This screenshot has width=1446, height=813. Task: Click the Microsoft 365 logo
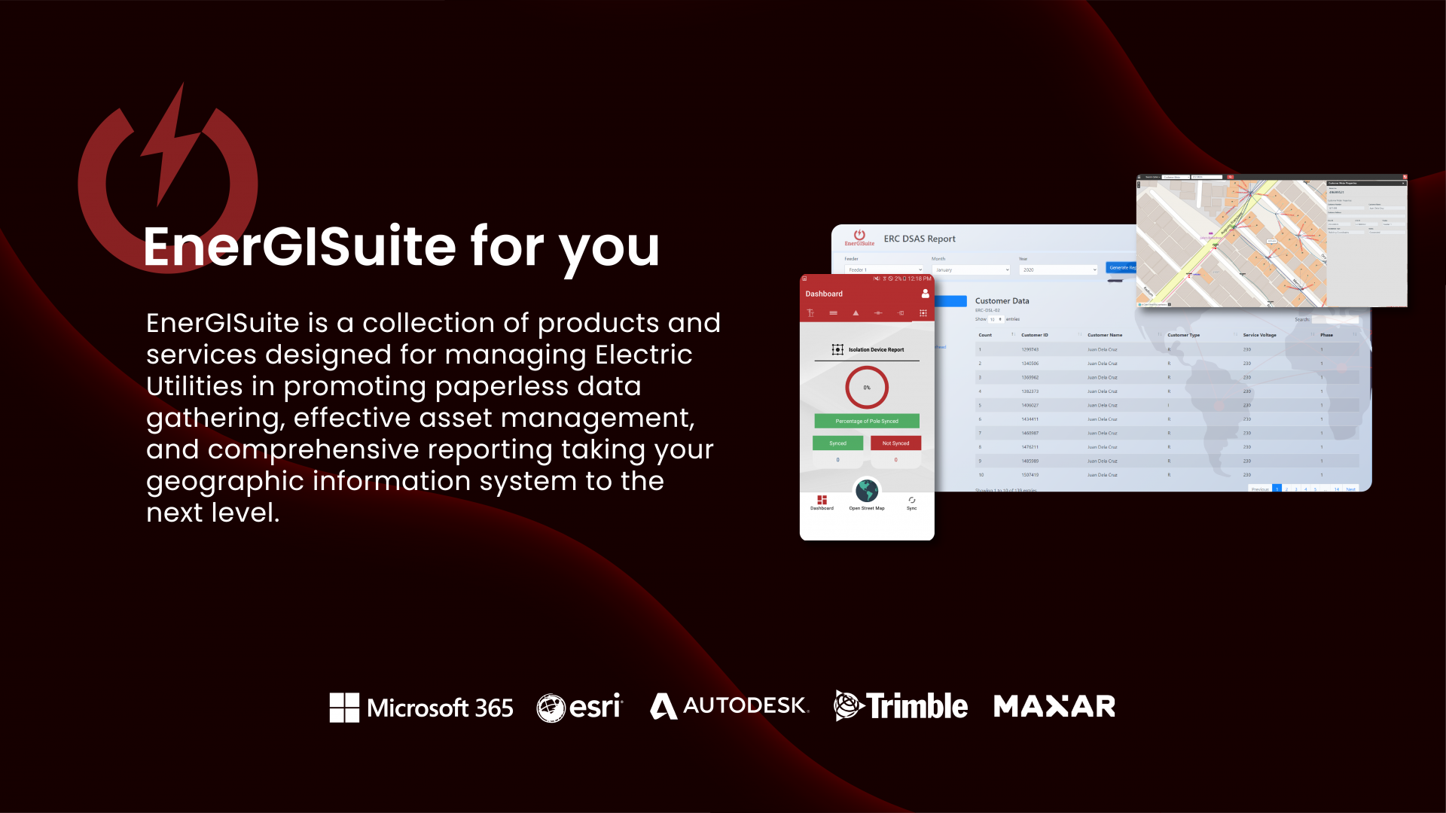(421, 708)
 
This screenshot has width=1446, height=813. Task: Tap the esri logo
(580, 708)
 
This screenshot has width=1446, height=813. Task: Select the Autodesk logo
(729, 706)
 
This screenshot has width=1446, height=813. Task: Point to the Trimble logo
(901, 706)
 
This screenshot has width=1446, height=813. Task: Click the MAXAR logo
(1054, 706)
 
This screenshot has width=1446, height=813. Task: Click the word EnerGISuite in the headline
(300, 247)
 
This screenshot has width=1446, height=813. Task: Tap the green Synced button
(837, 443)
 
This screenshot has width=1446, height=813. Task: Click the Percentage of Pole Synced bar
(867, 421)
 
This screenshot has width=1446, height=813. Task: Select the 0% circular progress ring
(867, 388)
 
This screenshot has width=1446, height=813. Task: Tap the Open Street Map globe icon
(867, 491)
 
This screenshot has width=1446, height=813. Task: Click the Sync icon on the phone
(911, 501)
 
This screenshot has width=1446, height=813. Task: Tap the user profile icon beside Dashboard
(925, 294)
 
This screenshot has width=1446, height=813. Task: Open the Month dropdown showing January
(971, 269)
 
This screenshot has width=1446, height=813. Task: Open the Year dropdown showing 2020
(1058, 269)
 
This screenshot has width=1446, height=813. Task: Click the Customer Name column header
(1105, 335)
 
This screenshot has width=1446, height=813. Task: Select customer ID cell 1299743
(1030, 349)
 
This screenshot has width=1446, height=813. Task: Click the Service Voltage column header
(1259, 335)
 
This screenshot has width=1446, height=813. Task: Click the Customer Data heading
(1002, 301)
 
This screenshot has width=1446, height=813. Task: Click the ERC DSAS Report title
(920, 239)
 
